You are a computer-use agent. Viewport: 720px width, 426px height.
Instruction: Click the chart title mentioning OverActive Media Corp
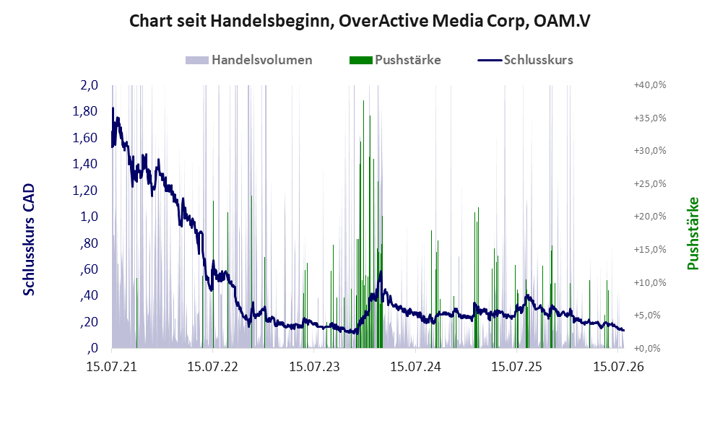click(x=360, y=21)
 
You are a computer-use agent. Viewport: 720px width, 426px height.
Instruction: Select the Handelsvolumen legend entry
click(x=249, y=60)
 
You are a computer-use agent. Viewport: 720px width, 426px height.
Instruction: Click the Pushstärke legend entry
click(x=395, y=60)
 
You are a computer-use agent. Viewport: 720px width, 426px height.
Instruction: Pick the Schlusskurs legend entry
click(x=525, y=60)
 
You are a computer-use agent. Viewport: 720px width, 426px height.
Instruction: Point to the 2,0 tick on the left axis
click(x=89, y=85)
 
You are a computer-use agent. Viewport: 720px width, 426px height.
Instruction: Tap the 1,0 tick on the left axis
click(x=89, y=216)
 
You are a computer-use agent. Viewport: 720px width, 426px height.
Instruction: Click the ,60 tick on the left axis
click(x=89, y=269)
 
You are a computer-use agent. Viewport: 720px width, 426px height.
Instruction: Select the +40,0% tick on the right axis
click(x=650, y=85)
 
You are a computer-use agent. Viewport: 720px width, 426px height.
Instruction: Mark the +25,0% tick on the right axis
click(x=650, y=183)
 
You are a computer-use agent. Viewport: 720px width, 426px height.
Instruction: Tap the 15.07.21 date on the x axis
click(x=112, y=367)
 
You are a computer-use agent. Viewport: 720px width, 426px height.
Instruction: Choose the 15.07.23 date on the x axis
click(x=314, y=367)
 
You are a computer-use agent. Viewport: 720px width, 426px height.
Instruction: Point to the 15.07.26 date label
click(x=618, y=367)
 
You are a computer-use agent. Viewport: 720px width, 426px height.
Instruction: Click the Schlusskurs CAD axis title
click(x=29, y=240)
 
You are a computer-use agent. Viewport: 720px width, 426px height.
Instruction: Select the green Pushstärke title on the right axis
click(x=693, y=234)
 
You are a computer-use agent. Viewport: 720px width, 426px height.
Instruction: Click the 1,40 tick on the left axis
click(x=85, y=164)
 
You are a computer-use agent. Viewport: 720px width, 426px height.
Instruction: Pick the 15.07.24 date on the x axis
click(x=415, y=367)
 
